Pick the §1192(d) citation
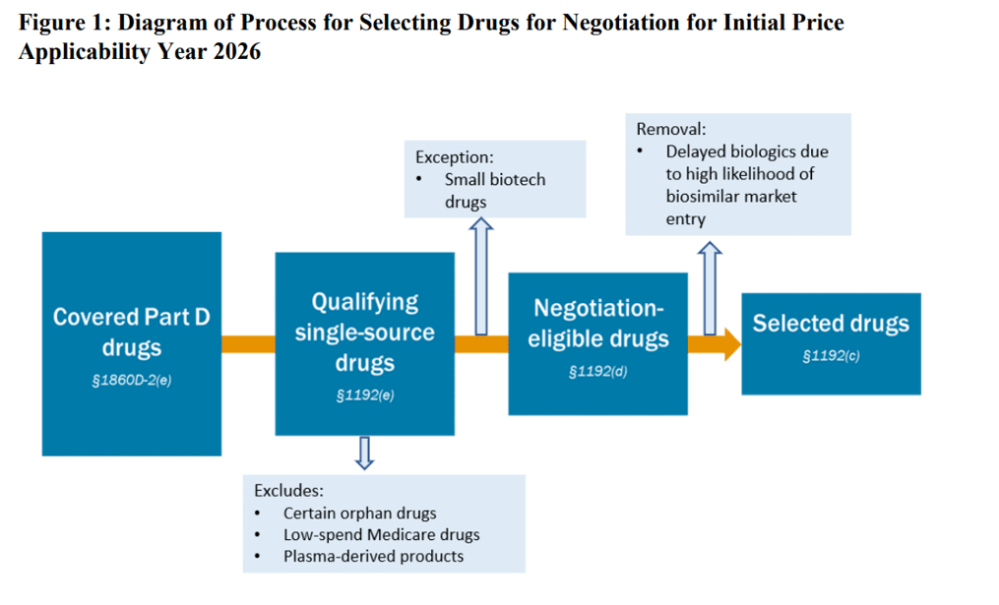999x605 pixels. pos(598,373)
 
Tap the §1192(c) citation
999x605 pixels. pos(831,356)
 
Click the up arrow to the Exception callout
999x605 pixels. pos(482,278)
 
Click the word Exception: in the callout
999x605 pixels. pos(454,156)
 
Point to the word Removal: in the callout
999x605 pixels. pos(671,129)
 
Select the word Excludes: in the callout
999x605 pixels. pos(288,490)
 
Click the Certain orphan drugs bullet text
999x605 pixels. pos(359,513)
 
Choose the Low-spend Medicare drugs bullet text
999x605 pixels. pos(382,534)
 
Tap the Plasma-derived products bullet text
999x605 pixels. pos(373,556)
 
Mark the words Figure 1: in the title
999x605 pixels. pos(61,22)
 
